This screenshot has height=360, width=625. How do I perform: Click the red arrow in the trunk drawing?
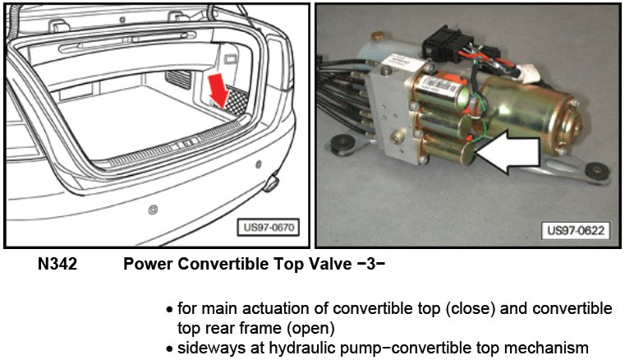coord(218,90)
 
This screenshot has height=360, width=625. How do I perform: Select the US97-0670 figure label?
coord(269,228)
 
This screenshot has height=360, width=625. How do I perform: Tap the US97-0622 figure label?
coord(576,230)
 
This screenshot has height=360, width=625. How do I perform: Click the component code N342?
coord(57,264)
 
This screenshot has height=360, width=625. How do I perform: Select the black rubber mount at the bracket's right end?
coord(597,170)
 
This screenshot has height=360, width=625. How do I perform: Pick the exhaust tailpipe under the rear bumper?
coord(271,183)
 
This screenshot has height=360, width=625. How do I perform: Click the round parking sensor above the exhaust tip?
coord(259,164)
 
